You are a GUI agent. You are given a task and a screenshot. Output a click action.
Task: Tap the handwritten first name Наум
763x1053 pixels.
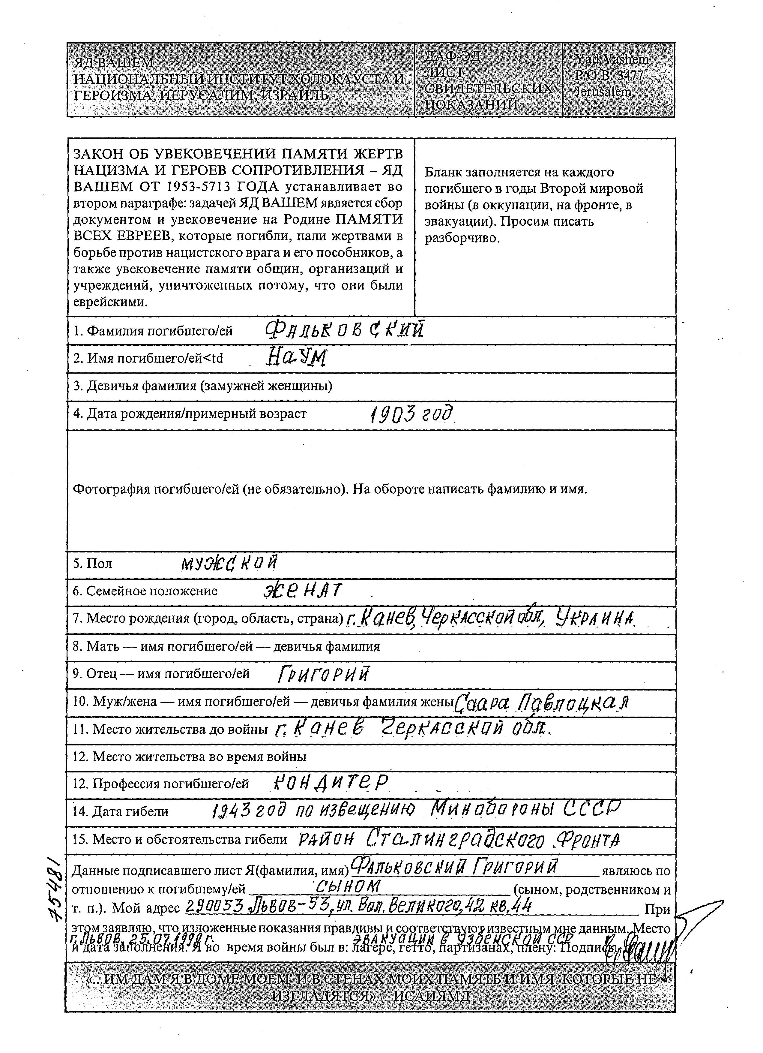[297, 358]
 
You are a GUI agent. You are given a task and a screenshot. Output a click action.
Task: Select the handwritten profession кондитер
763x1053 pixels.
[330, 784]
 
